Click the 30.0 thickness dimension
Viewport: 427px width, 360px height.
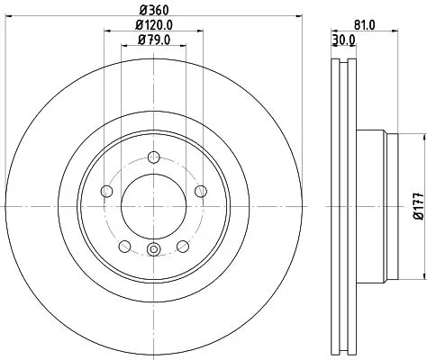[345, 40]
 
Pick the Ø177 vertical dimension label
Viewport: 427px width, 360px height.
[418, 208]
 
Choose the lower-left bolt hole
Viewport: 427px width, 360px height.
[123, 246]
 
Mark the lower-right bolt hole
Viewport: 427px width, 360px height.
[181, 246]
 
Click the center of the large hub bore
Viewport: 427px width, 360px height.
[151, 206]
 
